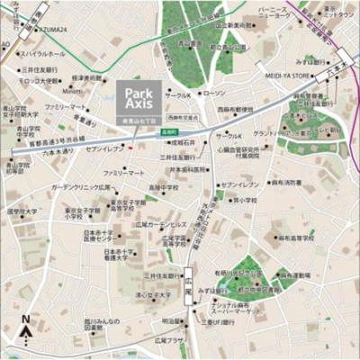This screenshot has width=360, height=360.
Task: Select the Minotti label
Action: coord(75,91)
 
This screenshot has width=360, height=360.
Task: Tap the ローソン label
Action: coord(213,94)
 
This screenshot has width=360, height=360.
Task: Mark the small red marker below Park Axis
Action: coord(133,147)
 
